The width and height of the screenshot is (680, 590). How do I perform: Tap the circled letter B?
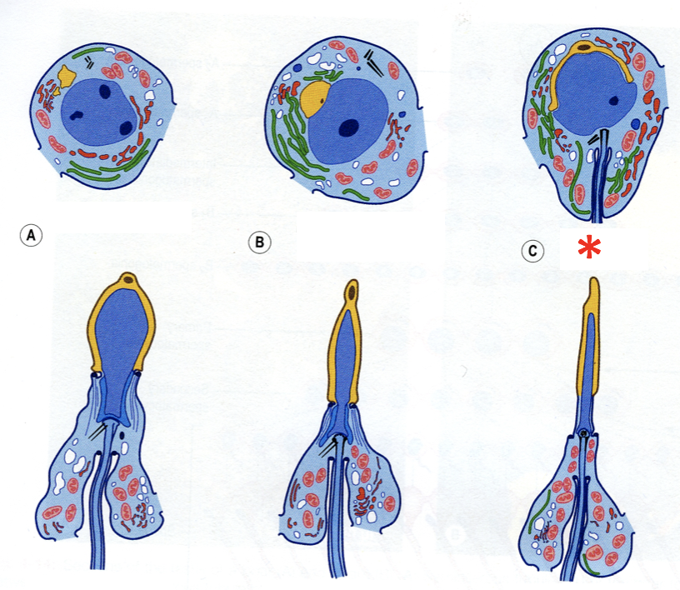tap(260, 243)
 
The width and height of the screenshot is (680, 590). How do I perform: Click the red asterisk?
tap(591, 247)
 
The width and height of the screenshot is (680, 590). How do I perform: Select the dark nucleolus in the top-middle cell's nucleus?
tap(349, 127)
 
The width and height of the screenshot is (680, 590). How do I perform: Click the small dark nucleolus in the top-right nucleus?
tap(614, 101)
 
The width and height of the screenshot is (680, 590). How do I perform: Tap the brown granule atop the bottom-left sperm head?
tap(127, 278)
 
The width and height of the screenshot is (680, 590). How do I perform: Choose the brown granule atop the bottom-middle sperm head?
tap(354, 292)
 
